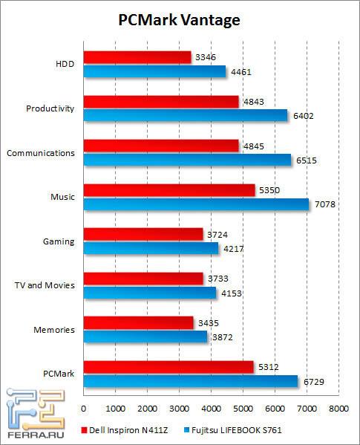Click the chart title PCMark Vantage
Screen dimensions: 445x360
180,20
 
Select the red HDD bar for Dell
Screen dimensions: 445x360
137,56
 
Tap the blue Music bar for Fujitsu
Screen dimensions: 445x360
196,204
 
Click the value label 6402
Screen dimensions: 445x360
303,115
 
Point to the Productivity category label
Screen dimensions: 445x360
50,108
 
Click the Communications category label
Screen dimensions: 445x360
40,153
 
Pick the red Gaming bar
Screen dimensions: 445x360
143,234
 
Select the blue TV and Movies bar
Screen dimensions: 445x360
149,293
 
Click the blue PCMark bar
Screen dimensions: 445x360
191,381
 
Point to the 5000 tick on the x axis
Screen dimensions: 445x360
243,409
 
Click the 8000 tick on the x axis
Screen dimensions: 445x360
338,409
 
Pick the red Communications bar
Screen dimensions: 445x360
161,146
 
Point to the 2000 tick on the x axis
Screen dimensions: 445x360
147,409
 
